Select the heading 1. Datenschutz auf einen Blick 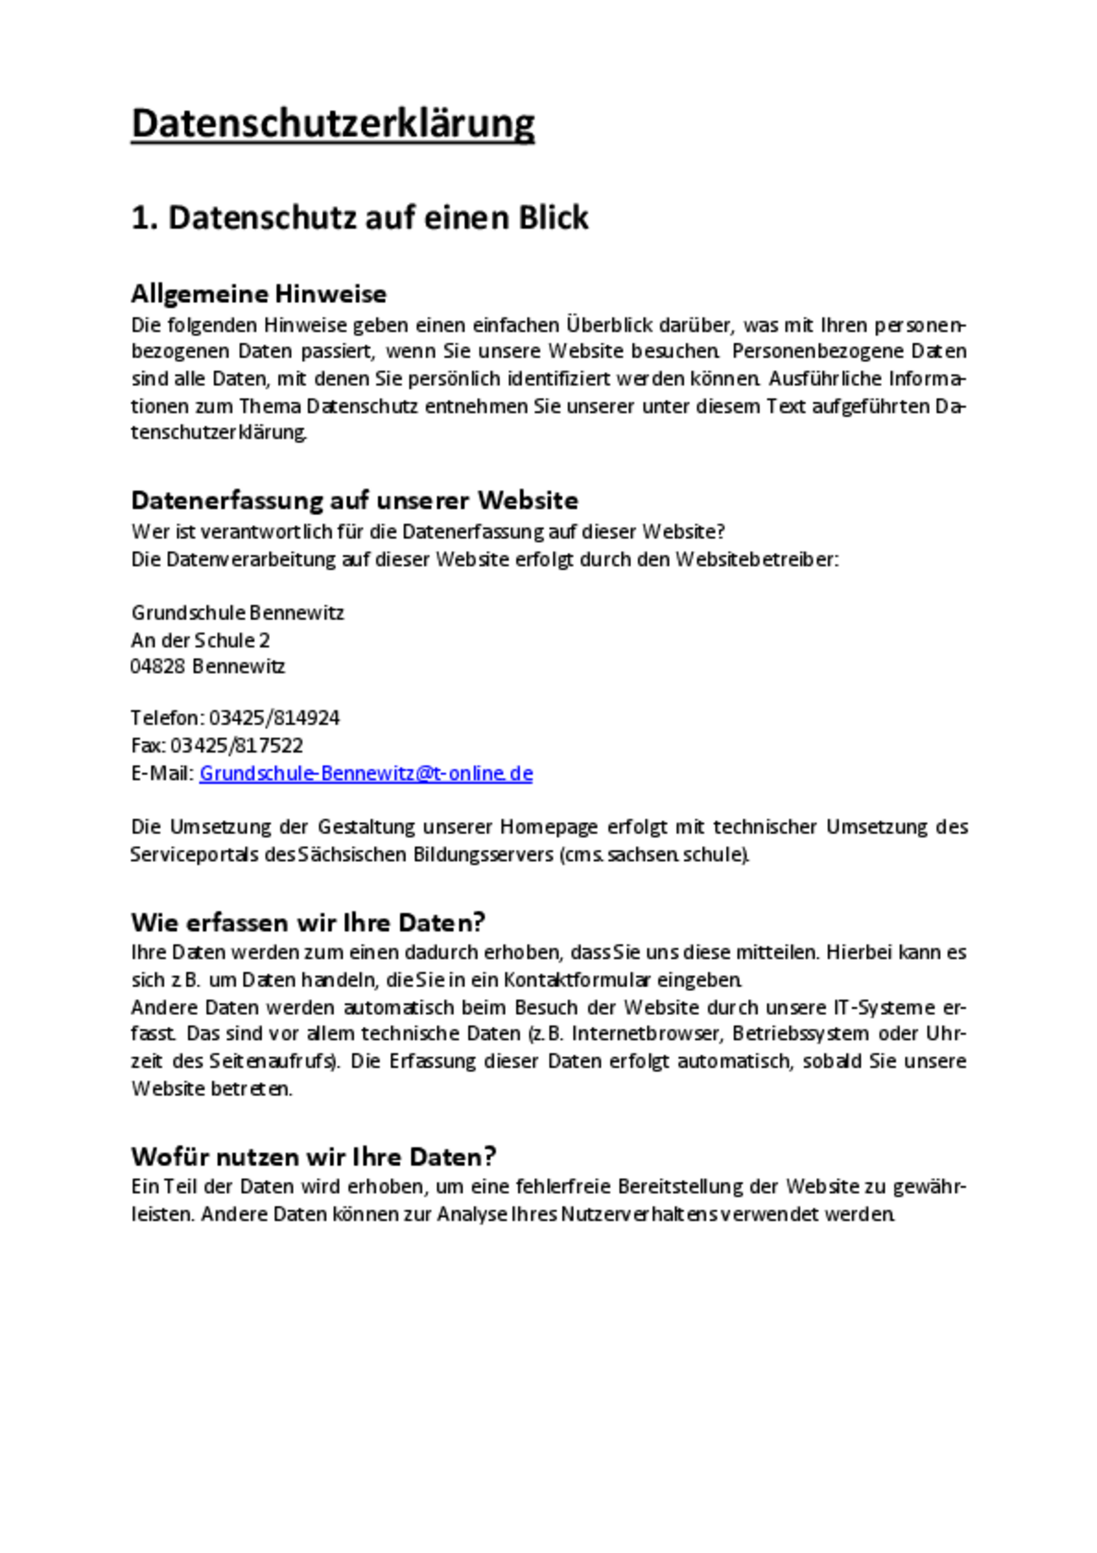pyautogui.click(x=360, y=218)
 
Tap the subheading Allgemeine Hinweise pyautogui.click(x=259, y=294)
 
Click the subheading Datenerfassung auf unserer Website pyautogui.click(x=354, y=501)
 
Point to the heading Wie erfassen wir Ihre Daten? pyautogui.click(x=309, y=923)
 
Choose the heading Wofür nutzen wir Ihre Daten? pyautogui.click(x=314, y=1156)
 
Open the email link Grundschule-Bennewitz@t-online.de pyautogui.click(x=366, y=773)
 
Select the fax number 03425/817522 pyautogui.click(x=237, y=746)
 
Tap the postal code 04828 pyautogui.click(x=158, y=666)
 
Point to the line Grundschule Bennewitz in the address pyautogui.click(x=237, y=613)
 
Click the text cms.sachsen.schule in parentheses pyautogui.click(x=654, y=855)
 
